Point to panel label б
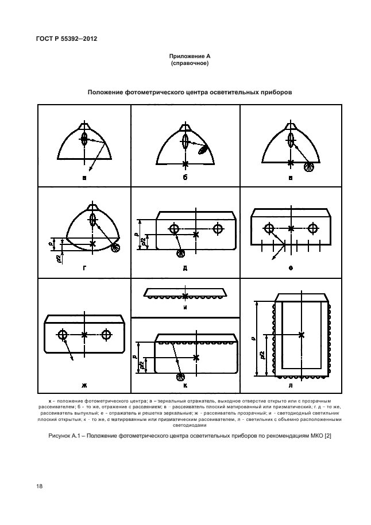point(185,178)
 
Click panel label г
point(84,267)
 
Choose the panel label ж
point(84,384)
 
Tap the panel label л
point(291,384)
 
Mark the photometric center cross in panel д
point(196,234)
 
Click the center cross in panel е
point(291,228)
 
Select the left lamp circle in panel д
point(174,229)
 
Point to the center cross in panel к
point(196,358)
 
